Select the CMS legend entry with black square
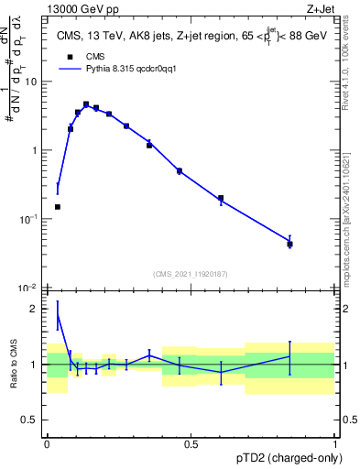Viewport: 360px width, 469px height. coord(83,55)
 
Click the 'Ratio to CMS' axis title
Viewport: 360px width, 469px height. coord(14,365)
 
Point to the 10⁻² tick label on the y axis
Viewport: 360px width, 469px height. coord(30,288)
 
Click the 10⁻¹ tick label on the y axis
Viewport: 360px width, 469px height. coord(30,219)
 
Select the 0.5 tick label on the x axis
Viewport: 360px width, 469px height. coord(191,444)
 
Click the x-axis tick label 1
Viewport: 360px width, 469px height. coord(334,444)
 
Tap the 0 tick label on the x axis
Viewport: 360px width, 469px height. coord(47,444)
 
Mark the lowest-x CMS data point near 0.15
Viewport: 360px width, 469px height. coord(58,207)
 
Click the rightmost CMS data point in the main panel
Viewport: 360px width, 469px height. coord(289,244)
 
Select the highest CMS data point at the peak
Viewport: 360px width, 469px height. coord(86,104)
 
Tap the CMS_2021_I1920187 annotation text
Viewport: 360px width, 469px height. coord(191,275)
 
